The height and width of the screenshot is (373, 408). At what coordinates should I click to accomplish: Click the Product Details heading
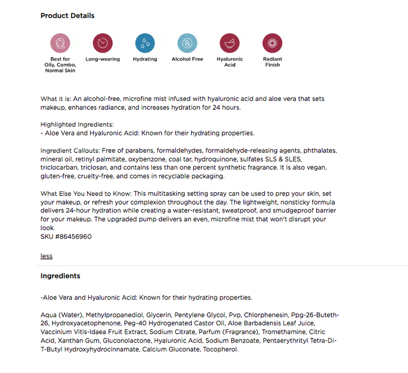point(67,15)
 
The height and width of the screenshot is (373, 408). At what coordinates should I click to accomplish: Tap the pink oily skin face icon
point(59,43)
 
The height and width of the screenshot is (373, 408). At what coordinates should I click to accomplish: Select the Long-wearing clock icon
point(103,43)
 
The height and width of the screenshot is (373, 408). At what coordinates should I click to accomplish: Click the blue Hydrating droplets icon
point(145,43)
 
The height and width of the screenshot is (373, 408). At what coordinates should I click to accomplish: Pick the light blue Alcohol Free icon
point(187,43)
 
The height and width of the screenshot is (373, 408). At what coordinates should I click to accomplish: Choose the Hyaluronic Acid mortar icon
point(229,43)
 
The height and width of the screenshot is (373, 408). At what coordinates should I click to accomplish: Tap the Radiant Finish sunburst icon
point(272,43)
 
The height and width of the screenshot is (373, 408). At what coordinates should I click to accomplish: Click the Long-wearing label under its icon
point(103,59)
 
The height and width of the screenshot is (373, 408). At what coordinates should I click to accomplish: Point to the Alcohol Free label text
point(187,59)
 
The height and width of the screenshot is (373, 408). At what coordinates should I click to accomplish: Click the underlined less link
point(46,256)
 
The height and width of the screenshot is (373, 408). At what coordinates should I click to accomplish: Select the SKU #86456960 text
point(66,236)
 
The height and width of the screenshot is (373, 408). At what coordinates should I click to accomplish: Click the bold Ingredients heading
point(60,276)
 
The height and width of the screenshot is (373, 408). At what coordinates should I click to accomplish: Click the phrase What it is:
point(59,99)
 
